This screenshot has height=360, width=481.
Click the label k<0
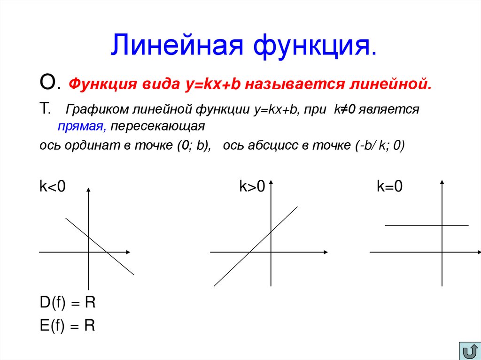(53, 187)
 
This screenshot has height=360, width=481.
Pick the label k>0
(252, 187)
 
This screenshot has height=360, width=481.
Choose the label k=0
(389, 187)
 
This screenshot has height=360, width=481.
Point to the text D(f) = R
(68, 303)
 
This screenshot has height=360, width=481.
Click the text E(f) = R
(68, 325)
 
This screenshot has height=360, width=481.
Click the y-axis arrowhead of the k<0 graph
(88, 188)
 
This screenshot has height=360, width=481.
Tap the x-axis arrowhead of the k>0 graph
(325, 253)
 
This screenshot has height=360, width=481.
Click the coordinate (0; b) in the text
(194, 146)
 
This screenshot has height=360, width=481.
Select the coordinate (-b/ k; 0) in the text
(379, 146)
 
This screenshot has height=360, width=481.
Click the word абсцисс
(268, 146)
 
